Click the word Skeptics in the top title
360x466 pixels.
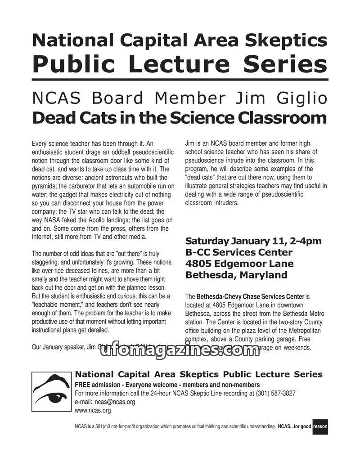tap(288, 40)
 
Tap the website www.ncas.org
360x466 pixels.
tap(93, 410)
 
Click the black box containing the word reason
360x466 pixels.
tap(320, 426)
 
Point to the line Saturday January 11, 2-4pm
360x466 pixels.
tap(253, 241)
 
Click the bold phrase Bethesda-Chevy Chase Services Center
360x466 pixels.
tap(250, 297)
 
